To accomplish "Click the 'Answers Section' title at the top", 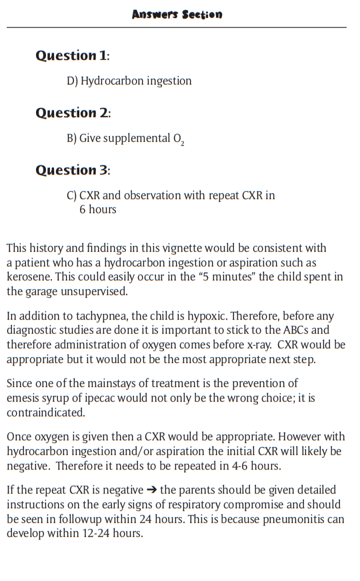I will (x=177, y=14).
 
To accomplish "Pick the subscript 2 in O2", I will (x=182, y=143).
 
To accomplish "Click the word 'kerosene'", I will (x=29, y=277).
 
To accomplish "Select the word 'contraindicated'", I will (x=45, y=412).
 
